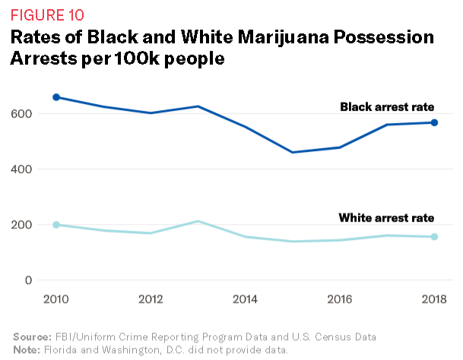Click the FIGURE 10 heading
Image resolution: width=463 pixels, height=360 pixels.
pos(47,14)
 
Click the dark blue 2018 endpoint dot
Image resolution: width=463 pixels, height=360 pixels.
pos(434,122)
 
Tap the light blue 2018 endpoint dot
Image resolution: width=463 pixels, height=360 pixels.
pos(434,237)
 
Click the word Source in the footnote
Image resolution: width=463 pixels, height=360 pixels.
pos(30,336)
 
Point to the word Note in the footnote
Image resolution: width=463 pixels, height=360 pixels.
pos(25,349)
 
